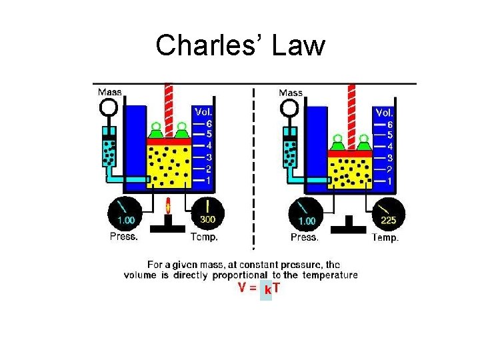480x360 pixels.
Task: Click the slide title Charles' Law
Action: (x=240, y=46)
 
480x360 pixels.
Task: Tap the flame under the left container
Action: (x=168, y=204)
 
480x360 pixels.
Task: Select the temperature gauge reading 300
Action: (x=207, y=213)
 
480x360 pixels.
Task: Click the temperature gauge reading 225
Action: (x=388, y=213)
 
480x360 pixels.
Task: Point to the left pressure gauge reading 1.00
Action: (x=125, y=213)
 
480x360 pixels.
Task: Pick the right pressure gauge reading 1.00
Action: (x=305, y=214)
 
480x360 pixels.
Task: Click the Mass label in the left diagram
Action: (x=110, y=92)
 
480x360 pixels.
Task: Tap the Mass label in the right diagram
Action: (x=291, y=93)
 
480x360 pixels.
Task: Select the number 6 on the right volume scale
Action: (x=390, y=125)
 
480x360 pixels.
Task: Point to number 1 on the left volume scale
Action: (x=209, y=180)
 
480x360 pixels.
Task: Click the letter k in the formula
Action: (x=267, y=290)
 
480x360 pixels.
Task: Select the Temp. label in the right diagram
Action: (x=385, y=237)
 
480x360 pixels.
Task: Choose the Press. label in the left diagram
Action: (x=124, y=236)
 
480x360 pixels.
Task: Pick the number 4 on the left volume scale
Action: (x=209, y=145)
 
